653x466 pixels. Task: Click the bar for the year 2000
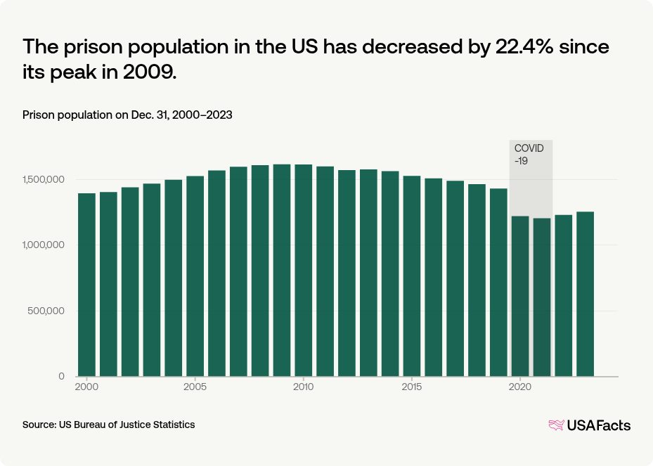pos(86,285)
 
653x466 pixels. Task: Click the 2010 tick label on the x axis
pos(303,387)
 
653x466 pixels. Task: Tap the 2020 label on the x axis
pos(520,387)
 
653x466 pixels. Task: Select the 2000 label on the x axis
pos(86,387)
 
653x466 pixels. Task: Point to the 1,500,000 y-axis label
pos(44,179)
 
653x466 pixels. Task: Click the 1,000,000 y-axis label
pos(44,245)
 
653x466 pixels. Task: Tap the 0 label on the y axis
pos(62,377)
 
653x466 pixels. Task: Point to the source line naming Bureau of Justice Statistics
pos(109,425)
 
